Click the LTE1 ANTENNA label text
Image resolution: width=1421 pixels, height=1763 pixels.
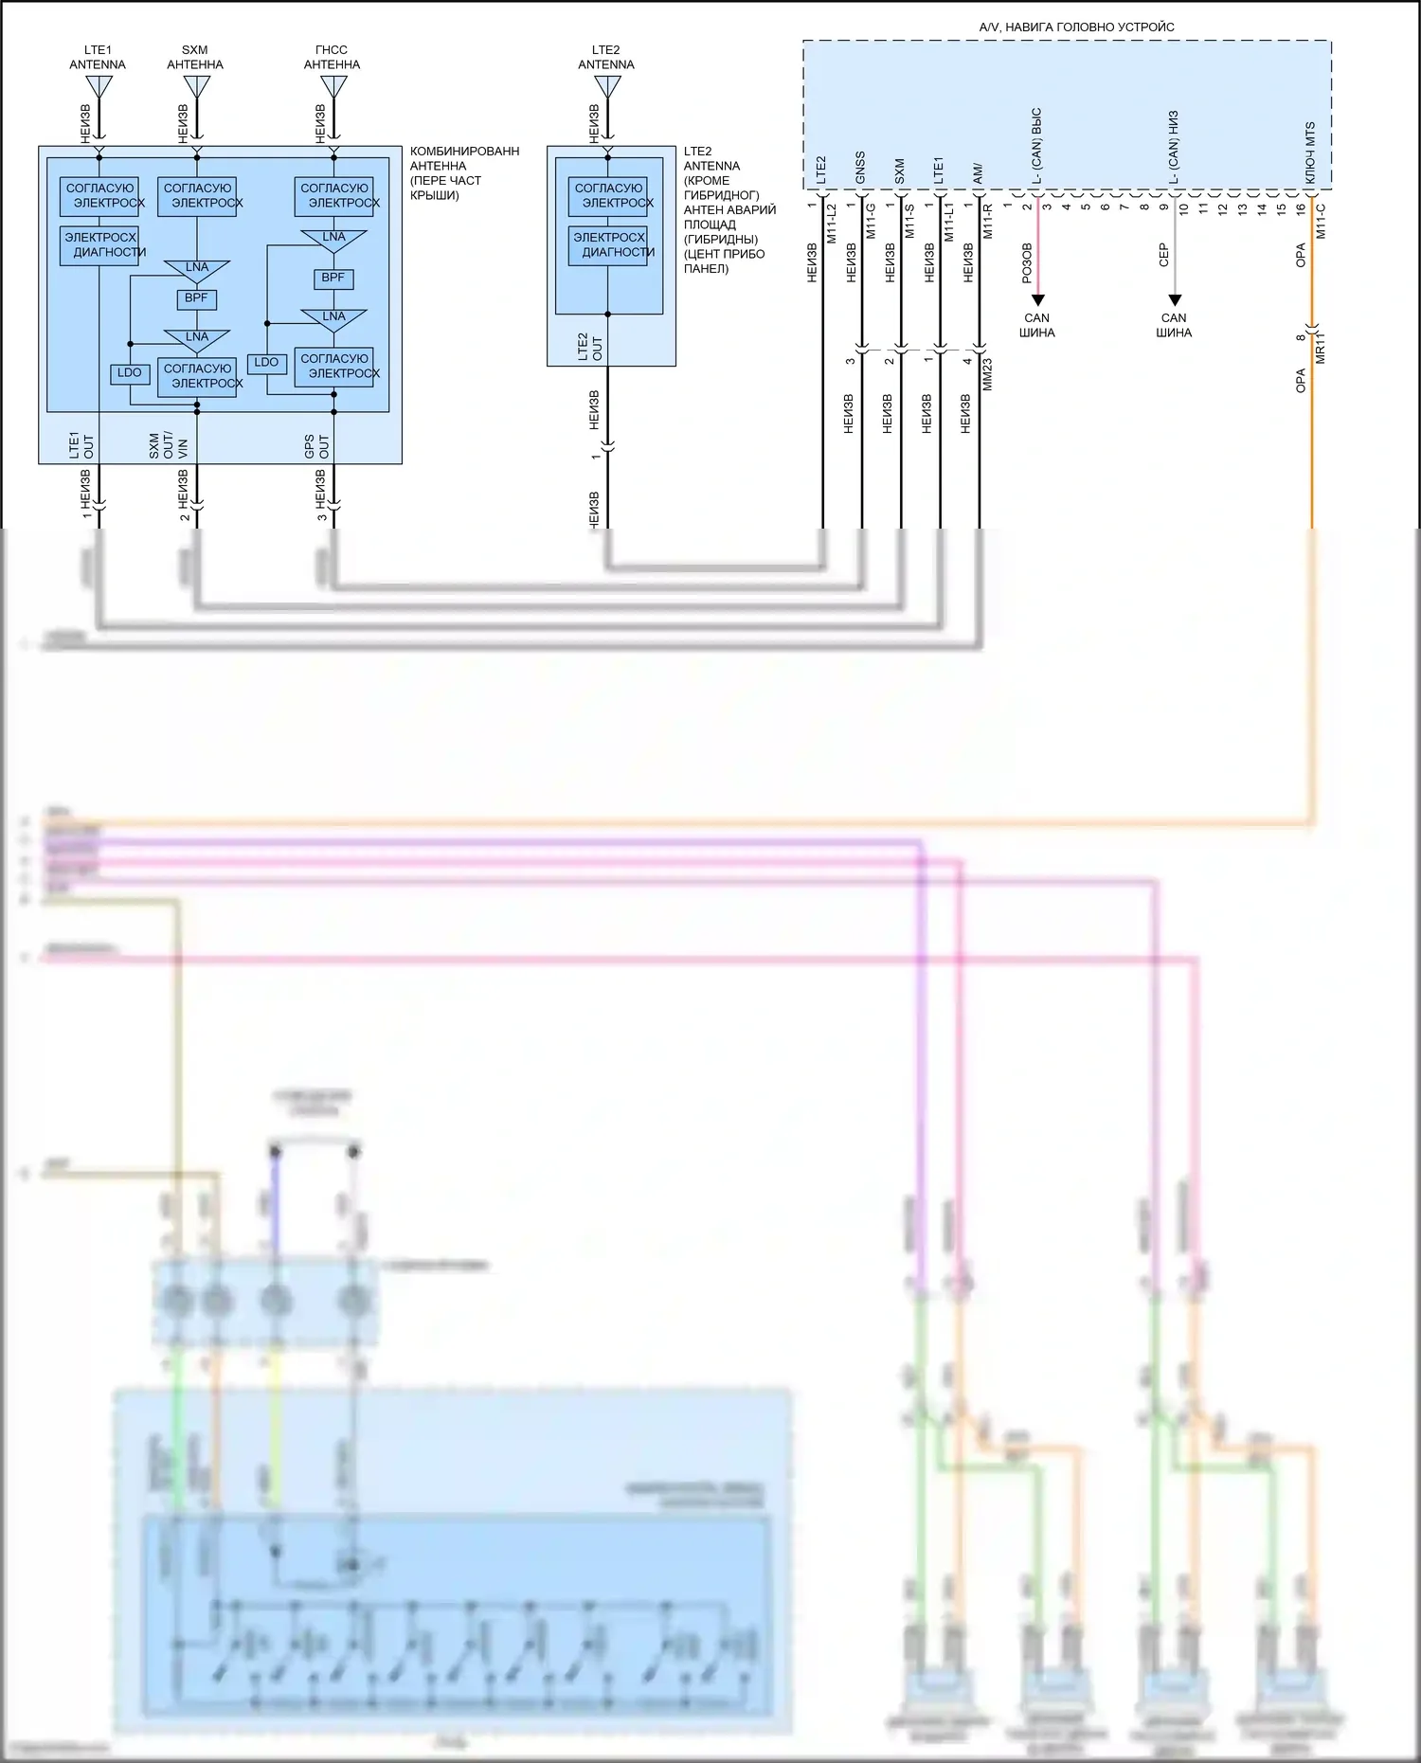coord(98,58)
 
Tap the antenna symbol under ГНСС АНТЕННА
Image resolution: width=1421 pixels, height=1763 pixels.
coord(333,88)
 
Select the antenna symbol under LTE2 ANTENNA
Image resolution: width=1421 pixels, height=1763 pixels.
coord(607,88)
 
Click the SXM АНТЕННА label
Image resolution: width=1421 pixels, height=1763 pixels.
coord(195,58)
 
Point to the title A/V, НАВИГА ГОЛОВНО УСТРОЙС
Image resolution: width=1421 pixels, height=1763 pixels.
coord(1076,27)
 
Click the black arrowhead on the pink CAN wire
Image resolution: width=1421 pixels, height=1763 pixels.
coord(1037,299)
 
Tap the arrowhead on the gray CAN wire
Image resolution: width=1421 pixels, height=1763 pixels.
coord(1175,299)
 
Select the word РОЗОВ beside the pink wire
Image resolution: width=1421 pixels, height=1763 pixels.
coord(1027,263)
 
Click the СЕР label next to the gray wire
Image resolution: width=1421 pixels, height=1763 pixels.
coord(1164,255)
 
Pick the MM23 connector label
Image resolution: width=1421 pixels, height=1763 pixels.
coord(987,374)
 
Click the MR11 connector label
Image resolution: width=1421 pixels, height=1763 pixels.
coord(1321,348)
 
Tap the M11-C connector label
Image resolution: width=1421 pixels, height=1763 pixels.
coord(1321,222)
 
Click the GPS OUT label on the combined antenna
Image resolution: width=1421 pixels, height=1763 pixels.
coord(317,447)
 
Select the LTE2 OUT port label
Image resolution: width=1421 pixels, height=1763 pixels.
coord(590,347)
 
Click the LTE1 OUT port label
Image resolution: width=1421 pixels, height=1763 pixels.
coord(81,446)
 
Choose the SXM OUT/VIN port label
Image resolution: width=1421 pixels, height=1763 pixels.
coord(169,446)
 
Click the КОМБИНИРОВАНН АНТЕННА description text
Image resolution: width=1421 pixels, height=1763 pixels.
coord(463,172)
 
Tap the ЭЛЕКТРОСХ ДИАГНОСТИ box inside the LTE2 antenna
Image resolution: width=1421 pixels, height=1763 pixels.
coord(609,245)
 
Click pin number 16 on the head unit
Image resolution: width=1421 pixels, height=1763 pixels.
coord(1301,207)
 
